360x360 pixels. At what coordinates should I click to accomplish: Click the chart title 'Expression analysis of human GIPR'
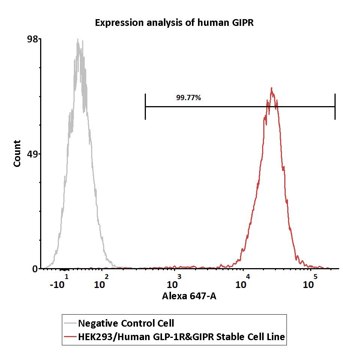coord(174,23)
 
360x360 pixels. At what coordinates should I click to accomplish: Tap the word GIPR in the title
coord(243,22)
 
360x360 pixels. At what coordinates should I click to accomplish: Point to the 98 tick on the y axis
coord(32,39)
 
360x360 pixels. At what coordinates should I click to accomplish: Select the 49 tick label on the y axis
coord(32,154)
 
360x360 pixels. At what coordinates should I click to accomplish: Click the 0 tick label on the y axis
coord(35,269)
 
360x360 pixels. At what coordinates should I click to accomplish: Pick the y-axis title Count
coord(17,153)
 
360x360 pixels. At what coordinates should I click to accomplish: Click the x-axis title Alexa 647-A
coord(189,296)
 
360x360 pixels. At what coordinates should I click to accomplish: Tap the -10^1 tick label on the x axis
coord(59,282)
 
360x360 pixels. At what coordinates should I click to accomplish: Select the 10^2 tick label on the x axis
coord(101,282)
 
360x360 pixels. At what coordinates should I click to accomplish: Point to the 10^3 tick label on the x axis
coord(174,282)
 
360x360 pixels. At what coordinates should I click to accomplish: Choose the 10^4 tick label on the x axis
coord(243,282)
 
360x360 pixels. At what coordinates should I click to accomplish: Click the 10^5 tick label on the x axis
coord(310,282)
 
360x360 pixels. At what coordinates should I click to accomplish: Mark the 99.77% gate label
coord(189,98)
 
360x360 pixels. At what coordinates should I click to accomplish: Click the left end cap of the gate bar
coord(145,106)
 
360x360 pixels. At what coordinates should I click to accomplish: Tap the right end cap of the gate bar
coord(335,106)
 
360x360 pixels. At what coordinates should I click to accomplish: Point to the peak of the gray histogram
coord(78,39)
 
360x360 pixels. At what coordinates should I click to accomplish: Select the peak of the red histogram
coord(271,88)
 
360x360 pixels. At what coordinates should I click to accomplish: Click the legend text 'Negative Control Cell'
coord(126,323)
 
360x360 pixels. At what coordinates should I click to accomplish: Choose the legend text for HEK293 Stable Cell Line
coord(181,337)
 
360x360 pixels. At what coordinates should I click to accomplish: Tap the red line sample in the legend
coord(70,337)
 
